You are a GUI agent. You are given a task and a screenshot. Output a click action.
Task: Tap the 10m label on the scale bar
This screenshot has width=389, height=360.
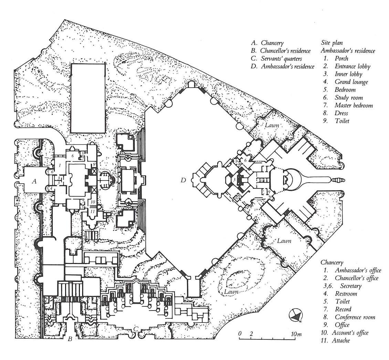click(x=296, y=334)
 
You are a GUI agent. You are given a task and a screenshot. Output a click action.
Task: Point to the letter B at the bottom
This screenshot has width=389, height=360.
click(x=70, y=340)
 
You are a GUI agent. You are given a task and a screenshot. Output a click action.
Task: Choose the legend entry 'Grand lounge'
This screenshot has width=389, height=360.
click(x=351, y=82)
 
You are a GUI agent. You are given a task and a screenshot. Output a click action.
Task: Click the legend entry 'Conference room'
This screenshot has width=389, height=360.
click(x=355, y=317)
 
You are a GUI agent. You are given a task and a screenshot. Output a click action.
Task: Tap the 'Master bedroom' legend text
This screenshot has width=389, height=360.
click(x=354, y=105)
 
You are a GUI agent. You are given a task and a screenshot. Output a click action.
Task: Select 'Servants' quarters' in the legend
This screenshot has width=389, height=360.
click(x=281, y=59)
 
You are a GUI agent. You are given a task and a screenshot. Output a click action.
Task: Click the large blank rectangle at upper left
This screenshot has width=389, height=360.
click(x=87, y=98)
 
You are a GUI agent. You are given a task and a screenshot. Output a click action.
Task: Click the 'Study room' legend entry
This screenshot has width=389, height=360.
click(x=348, y=97)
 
